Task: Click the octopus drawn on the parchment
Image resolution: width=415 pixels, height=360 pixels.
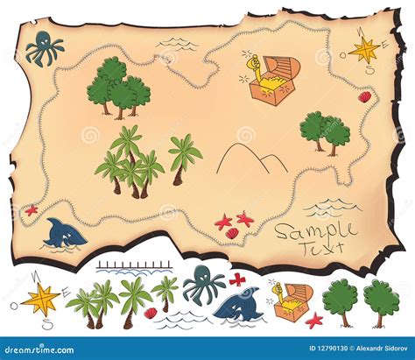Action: click(x=43, y=49)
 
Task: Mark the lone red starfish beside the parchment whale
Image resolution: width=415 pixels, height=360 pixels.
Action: click(x=32, y=209)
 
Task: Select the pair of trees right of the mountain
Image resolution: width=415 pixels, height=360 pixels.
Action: click(x=324, y=131)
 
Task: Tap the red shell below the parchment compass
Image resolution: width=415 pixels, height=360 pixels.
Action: click(x=364, y=97)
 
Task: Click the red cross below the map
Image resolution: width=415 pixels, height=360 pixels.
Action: click(x=236, y=279)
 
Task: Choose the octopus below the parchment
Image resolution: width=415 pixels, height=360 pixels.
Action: click(x=203, y=286)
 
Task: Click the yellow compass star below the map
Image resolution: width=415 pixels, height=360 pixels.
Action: click(x=40, y=299)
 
